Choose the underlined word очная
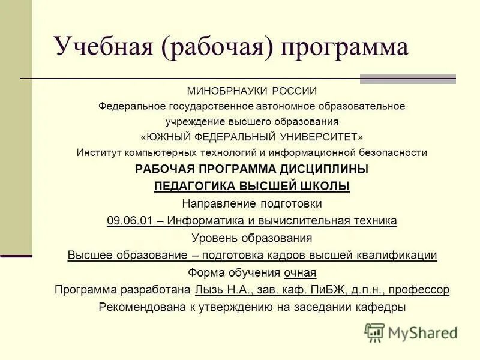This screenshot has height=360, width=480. [300, 272]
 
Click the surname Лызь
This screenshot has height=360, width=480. [208, 290]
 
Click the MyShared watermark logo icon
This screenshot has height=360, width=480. [374, 332]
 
